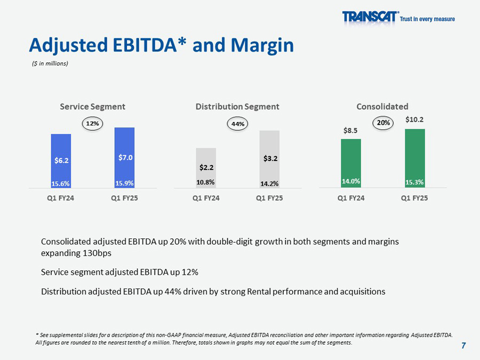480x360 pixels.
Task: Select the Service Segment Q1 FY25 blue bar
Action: pyautogui.click(x=124, y=157)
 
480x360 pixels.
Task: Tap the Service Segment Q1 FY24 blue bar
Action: pyautogui.click(x=61, y=160)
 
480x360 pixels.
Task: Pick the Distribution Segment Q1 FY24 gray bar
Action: pyautogui.click(x=206, y=167)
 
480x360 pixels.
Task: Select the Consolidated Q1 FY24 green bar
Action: pyautogui.click(x=351, y=163)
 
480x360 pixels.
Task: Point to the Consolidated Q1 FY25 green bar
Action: pyautogui.click(x=414, y=158)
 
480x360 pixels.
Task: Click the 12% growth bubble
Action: pyautogui.click(x=93, y=124)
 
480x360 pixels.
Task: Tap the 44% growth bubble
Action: pyautogui.click(x=238, y=124)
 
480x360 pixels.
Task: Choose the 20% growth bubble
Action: pyautogui.click(x=383, y=123)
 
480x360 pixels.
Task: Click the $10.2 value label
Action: pyautogui.click(x=414, y=119)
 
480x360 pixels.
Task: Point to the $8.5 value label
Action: pyautogui.click(x=351, y=130)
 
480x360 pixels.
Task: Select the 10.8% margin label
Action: pyautogui.click(x=206, y=182)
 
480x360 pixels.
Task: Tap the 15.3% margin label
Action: pyautogui.click(x=414, y=182)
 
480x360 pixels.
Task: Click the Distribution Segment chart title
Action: pyautogui.click(x=237, y=107)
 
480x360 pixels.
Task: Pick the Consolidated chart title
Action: pyautogui.click(x=382, y=107)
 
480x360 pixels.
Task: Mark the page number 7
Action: pyautogui.click(x=463, y=346)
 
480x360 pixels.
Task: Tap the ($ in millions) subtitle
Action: pyautogui.click(x=49, y=63)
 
